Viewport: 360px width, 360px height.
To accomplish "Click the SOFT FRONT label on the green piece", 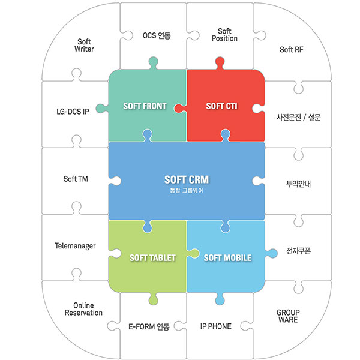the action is click(145, 106).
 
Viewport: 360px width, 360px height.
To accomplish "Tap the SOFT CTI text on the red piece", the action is click(222, 106).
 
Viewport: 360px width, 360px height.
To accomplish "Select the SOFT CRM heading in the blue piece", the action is click(187, 179).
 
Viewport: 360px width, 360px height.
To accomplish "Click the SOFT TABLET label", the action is click(152, 258).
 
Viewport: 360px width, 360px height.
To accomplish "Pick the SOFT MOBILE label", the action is click(228, 258).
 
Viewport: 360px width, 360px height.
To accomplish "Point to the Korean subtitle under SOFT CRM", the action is click(187, 190).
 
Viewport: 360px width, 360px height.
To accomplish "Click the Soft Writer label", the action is click(84, 45).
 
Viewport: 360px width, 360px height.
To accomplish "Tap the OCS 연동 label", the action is click(157, 35).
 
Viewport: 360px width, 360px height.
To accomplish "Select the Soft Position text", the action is click(224, 35).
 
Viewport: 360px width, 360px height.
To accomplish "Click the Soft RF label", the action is click(292, 49).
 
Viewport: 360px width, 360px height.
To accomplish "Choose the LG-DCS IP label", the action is click(73, 112).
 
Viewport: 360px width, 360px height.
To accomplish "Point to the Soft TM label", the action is click(76, 179).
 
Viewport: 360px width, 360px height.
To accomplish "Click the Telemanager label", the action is click(75, 246).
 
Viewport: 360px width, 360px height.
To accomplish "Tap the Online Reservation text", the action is click(83, 309).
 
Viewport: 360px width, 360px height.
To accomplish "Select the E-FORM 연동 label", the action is click(149, 326).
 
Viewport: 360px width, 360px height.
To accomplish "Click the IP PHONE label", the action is click(216, 326).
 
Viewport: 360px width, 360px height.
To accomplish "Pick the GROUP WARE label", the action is click(288, 316).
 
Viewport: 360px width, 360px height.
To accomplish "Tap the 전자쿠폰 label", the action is click(298, 251).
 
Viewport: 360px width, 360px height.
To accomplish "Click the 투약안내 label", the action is click(298, 184).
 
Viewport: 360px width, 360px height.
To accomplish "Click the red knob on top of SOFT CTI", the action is click(220, 63).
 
